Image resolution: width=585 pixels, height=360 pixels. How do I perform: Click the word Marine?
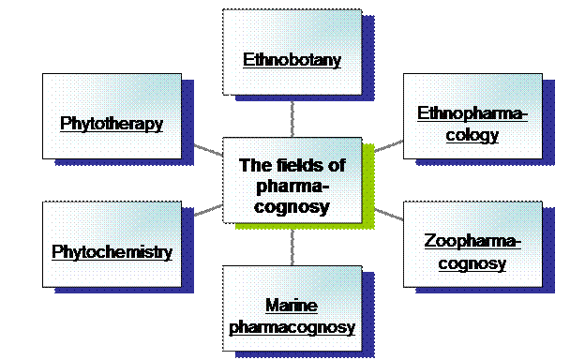tap(292, 306)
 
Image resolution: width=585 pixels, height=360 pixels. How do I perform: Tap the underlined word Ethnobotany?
tap(292, 61)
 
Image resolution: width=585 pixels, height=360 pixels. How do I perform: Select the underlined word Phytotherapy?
tap(112, 123)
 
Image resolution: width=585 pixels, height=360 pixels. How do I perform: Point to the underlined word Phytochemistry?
tap(112, 252)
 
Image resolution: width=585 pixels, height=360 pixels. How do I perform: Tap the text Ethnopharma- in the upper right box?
tap(472, 114)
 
